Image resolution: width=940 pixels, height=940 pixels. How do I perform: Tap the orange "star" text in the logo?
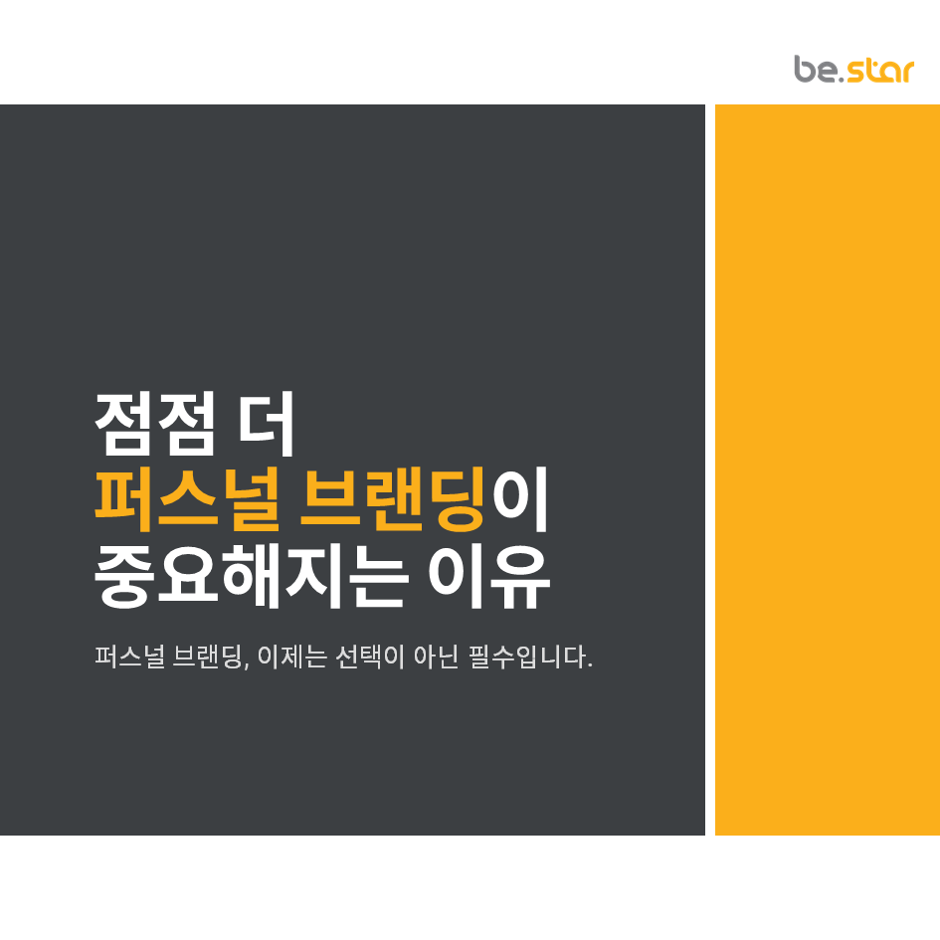point(881,71)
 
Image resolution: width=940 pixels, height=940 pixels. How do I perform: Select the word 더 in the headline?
point(268,423)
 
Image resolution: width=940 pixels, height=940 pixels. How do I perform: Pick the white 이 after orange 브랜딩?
point(521,499)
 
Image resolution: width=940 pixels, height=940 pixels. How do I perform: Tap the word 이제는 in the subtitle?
point(292,658)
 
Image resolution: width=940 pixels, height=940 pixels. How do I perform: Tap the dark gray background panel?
point(348,249)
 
